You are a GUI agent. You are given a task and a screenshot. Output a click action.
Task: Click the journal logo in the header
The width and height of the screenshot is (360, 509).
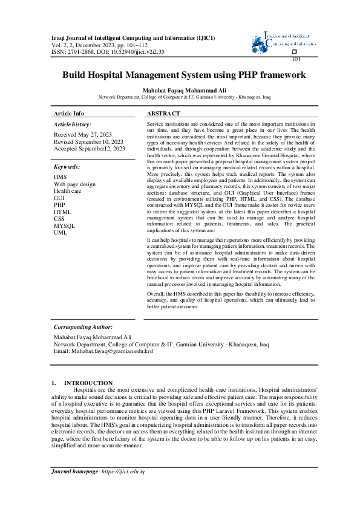tap(284, 41)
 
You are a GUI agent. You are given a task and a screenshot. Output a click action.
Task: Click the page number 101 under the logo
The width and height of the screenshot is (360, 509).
tap(296, 59)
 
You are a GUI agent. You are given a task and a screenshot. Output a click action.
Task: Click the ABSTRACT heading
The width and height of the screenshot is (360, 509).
tap(163, 114)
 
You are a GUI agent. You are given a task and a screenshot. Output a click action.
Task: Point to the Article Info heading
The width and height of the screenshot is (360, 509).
tap(69, 114)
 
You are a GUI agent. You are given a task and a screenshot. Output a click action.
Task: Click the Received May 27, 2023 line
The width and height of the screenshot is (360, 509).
tap(83, 135)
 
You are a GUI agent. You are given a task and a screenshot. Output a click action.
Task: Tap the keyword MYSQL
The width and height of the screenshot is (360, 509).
tap(65, 225)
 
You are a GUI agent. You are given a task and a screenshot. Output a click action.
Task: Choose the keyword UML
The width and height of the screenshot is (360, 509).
tap(61, 232)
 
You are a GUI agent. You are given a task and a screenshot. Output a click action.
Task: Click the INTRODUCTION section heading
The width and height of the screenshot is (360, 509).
tap(88, 383)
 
